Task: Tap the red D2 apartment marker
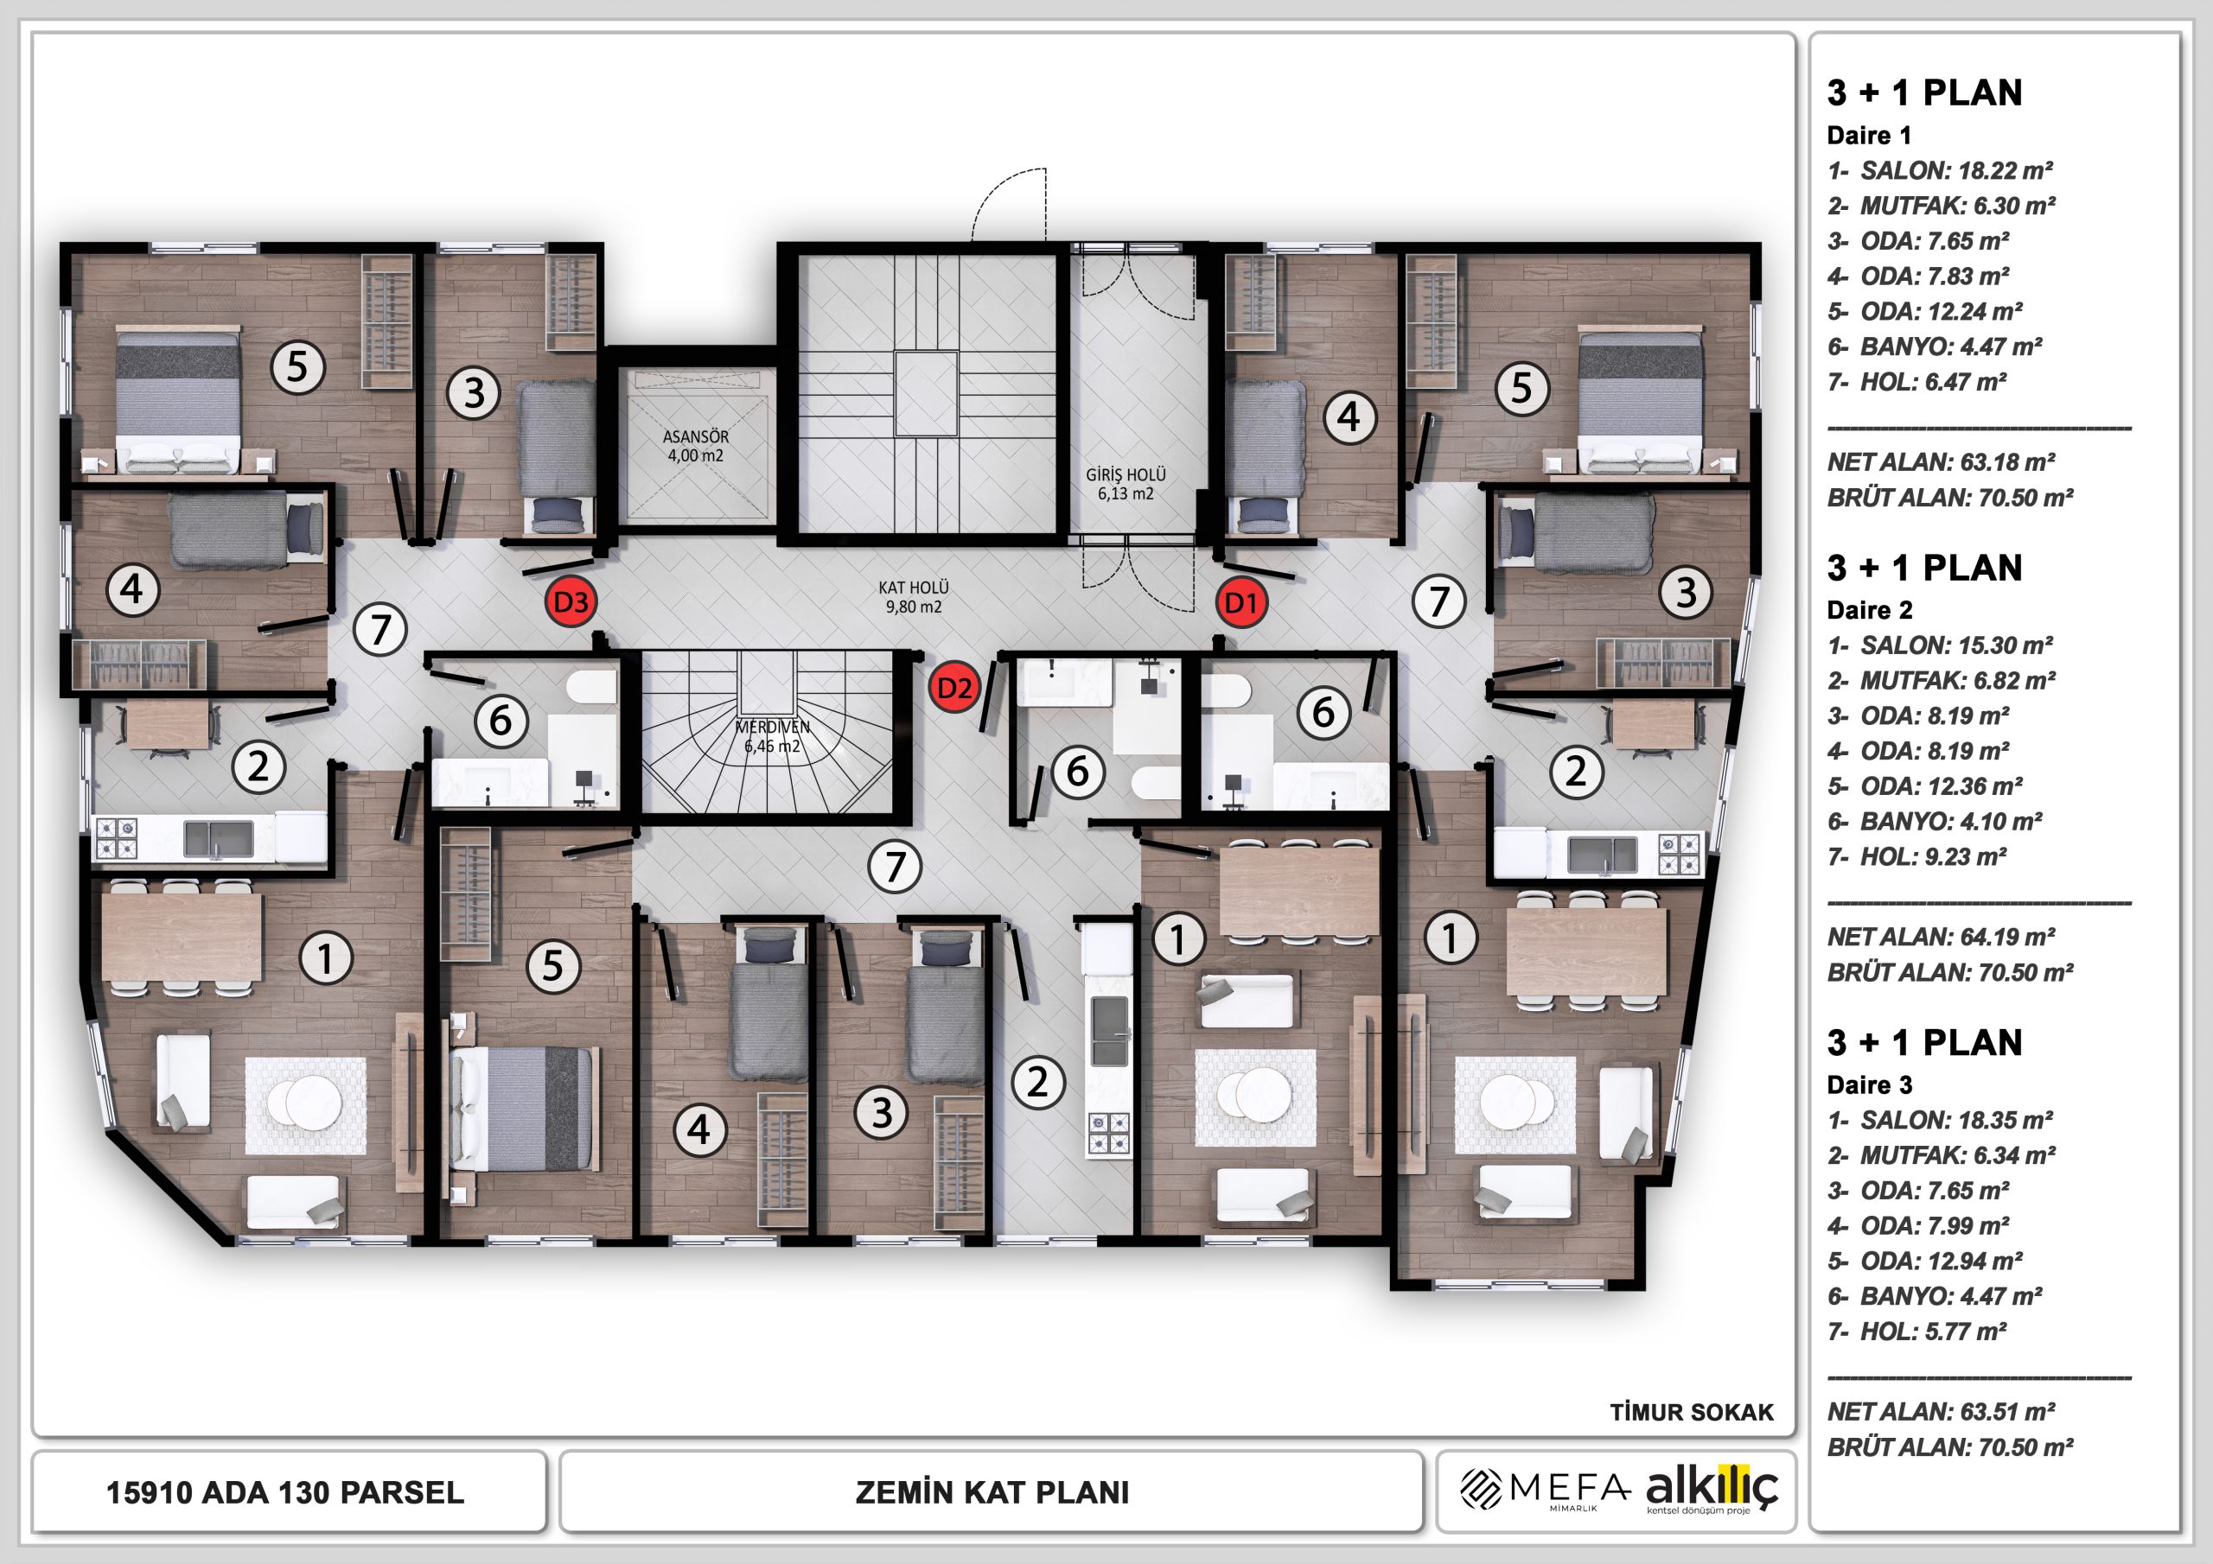click(953, 688)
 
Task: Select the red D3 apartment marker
click(571, 603)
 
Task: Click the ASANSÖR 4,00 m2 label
click(696, 446)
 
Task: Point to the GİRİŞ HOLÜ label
click(1126, 475)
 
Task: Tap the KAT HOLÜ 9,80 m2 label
click(914, 596)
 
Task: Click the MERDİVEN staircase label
click(773, 728)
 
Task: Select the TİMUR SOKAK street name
click(1692, 1413)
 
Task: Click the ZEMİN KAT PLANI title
click(992, 1492)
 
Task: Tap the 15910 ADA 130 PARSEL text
click(285, 1492)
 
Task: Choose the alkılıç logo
click(1712, 1491)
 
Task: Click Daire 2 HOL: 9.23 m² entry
click(1917, 856)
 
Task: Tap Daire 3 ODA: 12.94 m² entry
click(1925, 1262)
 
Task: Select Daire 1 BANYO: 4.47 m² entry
click(1935, 346)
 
